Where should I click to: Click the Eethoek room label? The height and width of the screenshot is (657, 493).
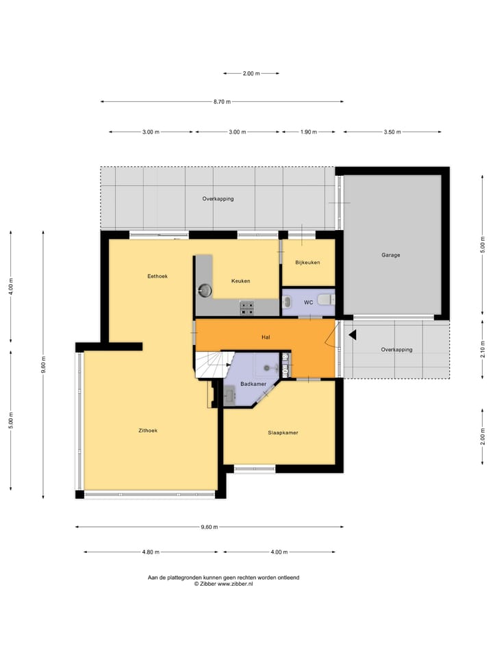[x=157, y=276]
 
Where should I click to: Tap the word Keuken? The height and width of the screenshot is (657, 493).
[x=240, y=281]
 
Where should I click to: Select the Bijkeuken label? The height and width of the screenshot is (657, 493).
[x=307, y=263]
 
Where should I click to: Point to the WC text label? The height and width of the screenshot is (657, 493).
[x=308, y=302]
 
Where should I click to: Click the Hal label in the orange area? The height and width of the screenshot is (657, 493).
[x=266, y=337]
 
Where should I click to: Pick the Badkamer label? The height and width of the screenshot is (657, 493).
[x=253, y=385]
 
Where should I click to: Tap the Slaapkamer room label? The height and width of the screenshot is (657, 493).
[x=283, y=433]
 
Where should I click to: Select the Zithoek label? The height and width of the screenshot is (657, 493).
[x=148, y=431]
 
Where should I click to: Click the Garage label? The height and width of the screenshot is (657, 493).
[x=391, y=255]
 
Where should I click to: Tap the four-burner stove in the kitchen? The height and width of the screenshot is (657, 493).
[x=246, y=308]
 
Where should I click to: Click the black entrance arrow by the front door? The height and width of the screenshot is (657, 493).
[x=353, y=335]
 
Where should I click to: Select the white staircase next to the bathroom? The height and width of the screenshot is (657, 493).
[x=212, y=364]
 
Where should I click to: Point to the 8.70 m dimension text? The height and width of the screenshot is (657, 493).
[x=222, y=102]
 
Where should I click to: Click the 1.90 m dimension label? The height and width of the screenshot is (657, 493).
[x=308, y=132]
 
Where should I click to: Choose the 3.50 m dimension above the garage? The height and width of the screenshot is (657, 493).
[x=392, y=132]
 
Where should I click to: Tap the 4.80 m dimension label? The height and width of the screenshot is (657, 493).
[x=151, y=552]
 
